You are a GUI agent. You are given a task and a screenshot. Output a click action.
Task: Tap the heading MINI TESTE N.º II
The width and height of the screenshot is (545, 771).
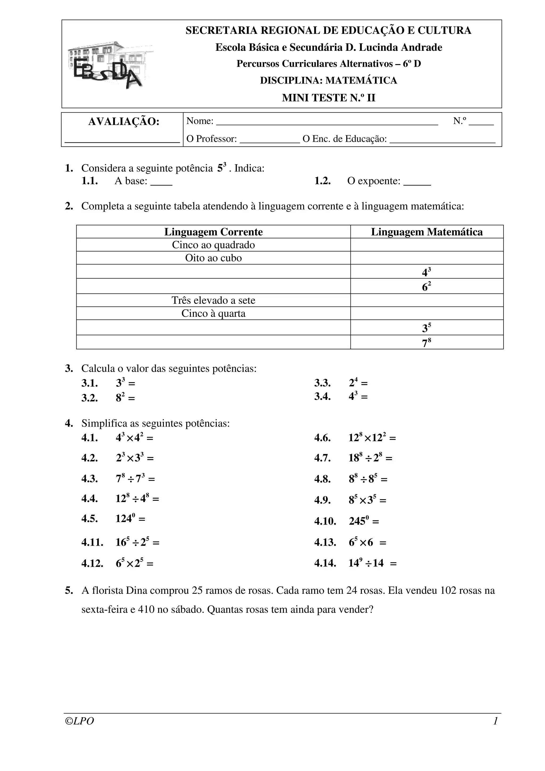pos(328,98)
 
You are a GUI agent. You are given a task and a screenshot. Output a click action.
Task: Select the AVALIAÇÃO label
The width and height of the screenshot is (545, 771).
pos(123,122)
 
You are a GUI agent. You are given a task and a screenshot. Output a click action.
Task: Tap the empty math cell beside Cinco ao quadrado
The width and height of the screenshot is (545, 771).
pos(427,245)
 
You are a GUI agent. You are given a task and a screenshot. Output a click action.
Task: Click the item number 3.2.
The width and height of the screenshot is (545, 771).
pos(89,398)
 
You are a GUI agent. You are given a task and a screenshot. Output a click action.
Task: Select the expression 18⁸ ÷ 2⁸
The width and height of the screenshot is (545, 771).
pos(366,458)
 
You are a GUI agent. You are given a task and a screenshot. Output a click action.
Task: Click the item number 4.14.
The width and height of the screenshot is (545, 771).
pos(325,563)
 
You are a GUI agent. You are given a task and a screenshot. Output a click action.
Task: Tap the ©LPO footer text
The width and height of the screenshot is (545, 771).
pos(80,721)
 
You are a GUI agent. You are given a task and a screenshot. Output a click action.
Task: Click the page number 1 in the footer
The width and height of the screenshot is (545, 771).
pos(495,721)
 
